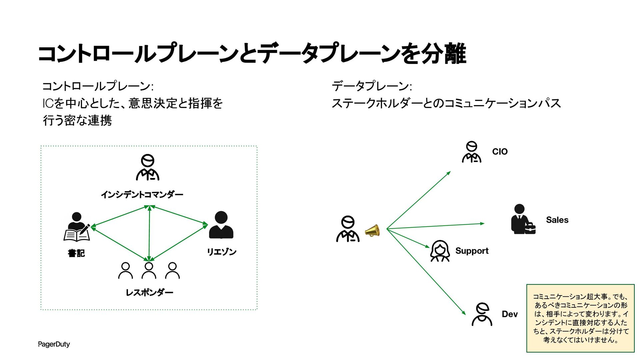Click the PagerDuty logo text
(54, 344)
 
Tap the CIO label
(500, 152)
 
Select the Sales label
(557, 220)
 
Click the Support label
(472, 251)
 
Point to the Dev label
(510, 314)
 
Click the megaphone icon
(372, 230)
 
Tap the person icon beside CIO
(472, 152)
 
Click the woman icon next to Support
(440, 251)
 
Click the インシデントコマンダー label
(142, 194)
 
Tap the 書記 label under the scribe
(76, 253)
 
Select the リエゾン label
(221, 252)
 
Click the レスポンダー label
(149, 293)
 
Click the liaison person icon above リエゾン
(221, 225)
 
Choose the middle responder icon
(149, 270)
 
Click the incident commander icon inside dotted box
(148, 167)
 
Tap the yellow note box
(580, 318)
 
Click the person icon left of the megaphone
(348, 229)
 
